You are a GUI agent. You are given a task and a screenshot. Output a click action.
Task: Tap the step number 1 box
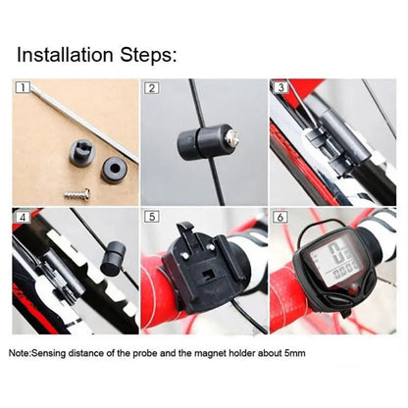pos(22,88)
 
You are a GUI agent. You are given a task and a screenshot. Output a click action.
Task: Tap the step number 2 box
pos(151,88)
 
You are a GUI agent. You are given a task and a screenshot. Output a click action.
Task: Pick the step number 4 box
pos(22,216)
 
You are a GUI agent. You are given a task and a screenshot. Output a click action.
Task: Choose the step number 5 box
pos(151,216)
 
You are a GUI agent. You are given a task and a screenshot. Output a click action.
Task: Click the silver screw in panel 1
pos(78,194)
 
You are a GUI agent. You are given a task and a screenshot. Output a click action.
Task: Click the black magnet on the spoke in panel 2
pos(202,143)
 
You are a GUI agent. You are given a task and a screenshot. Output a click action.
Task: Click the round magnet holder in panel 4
pos(111,257)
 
